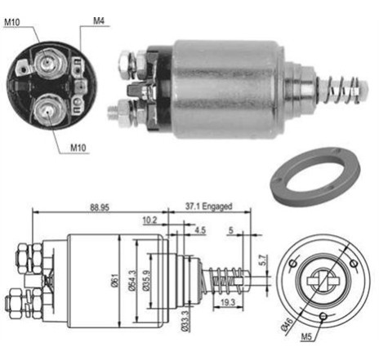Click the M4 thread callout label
(x=99, y=21)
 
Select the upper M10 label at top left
(x=12, y=22)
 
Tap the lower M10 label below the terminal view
(x=78, y=148)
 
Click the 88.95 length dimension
(x=100, y=207)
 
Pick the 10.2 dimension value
(x=149, y=220)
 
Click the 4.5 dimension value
(x=200, y=230)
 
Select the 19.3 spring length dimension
(x=228, y=302)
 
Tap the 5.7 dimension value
(x=263, y=260)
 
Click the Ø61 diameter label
(x=114, y=281)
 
